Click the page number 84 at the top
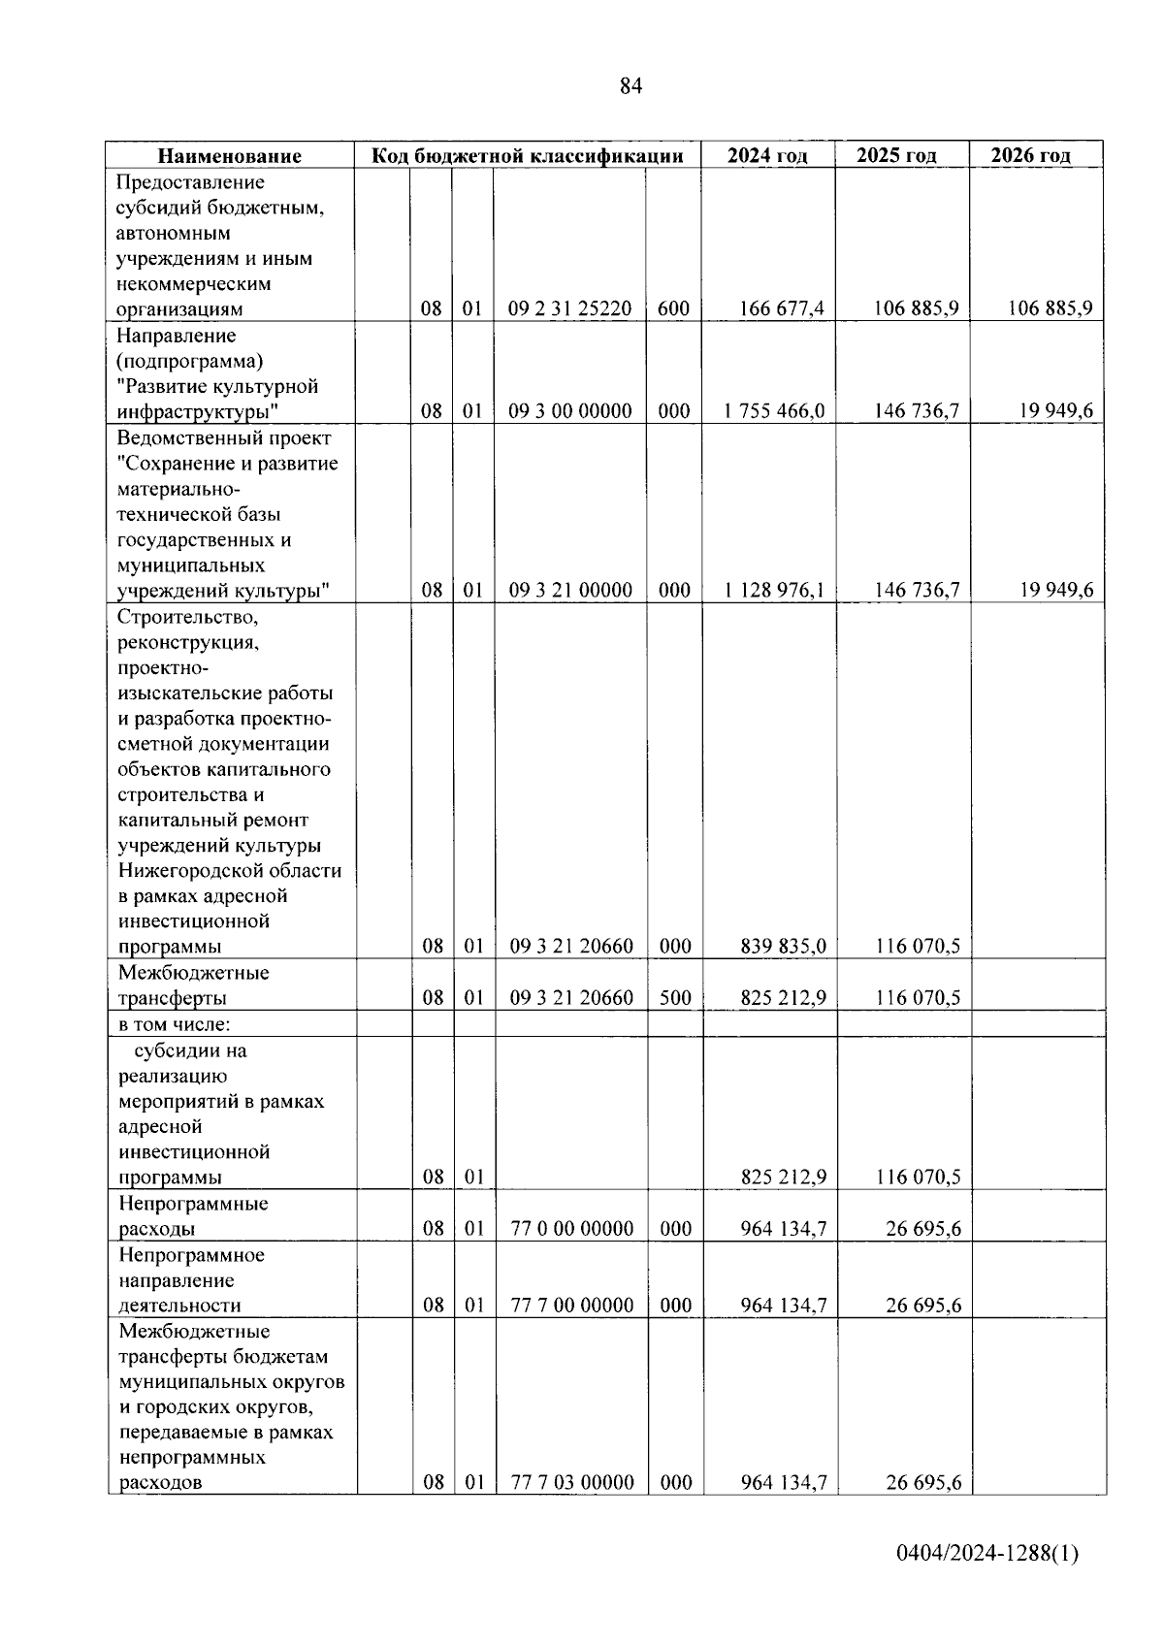click(x=630, y=87)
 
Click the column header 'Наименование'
click(x=230, y=156)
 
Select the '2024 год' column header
click(x=767, y=156)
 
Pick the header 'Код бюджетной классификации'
click(x=529, y=156)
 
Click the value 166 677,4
click(x=781, y=308)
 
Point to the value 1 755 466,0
click(x=774, y=411)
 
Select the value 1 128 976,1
click(x=774, y=590)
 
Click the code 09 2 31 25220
click(x=569, y=308)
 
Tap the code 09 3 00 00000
click(x=570, y=411)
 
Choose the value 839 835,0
click(x=783, y=946)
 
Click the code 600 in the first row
click(x=673, y=308)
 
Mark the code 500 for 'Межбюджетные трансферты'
click(x=675, y=997)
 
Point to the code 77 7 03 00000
click(x=572, y=1482)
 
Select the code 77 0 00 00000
click(x=572, y=1228)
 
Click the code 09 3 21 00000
click(x=570, y=590)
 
